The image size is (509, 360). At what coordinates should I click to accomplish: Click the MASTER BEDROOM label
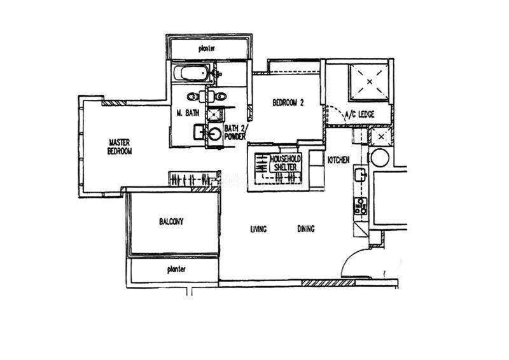point(120,147)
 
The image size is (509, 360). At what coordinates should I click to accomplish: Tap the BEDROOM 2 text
point(288,103)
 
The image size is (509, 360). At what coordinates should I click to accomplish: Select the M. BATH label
point(188,113)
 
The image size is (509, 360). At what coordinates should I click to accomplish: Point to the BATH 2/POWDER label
point(235,132)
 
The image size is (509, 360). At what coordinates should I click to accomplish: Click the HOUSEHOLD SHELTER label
point(285,163)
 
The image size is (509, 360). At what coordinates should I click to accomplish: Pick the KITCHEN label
point(338,160)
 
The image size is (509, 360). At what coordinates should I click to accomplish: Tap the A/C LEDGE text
point(359,114)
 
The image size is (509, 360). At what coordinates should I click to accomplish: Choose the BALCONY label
point(171,222)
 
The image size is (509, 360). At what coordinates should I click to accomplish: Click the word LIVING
point(258,229)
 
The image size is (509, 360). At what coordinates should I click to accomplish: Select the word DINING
point(306,229)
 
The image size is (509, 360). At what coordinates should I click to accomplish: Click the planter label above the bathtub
point(206,49)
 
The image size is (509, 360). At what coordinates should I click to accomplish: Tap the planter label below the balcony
point(176,270)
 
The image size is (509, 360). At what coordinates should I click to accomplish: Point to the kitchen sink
point(360,176)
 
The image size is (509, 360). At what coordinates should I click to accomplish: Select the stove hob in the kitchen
point(361,206)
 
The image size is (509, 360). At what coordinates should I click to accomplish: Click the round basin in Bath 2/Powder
point(214,134)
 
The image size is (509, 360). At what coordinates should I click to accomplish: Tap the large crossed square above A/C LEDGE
point(370,82)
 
